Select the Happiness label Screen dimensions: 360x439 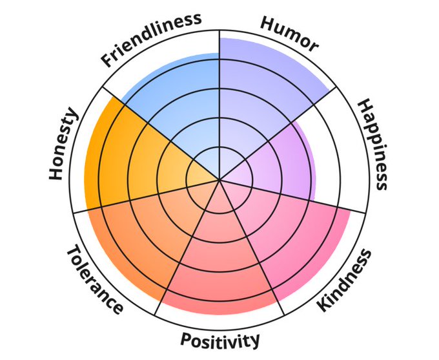tap(373, 144)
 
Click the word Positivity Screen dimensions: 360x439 tap(220, 339)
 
